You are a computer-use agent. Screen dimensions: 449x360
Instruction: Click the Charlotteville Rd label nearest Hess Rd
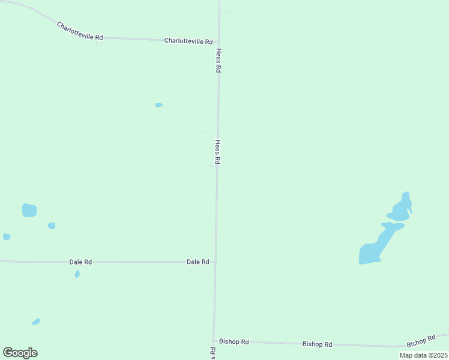188,41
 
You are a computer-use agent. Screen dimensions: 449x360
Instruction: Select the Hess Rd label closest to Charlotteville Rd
219,61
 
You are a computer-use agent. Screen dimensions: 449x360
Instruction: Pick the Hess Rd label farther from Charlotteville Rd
218,152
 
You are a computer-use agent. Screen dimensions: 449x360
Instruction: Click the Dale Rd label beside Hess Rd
197,262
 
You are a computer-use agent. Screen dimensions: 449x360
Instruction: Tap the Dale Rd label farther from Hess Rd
80,262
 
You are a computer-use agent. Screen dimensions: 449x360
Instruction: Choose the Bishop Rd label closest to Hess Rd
234,341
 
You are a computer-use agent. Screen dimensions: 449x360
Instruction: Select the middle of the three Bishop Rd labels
317,344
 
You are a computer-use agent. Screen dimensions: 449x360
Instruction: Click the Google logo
20,353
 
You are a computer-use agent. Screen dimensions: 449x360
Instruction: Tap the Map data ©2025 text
423,355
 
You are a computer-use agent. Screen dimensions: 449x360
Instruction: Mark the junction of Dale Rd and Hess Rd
215,262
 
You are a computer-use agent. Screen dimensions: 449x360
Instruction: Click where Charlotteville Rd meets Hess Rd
219,42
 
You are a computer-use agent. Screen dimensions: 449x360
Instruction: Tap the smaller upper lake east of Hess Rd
400,209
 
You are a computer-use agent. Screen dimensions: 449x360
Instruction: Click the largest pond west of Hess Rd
29,211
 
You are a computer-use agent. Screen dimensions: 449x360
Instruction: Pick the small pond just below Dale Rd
77,274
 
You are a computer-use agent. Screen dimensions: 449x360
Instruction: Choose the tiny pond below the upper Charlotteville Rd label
159,105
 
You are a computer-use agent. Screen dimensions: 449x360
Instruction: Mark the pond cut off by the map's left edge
6,237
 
